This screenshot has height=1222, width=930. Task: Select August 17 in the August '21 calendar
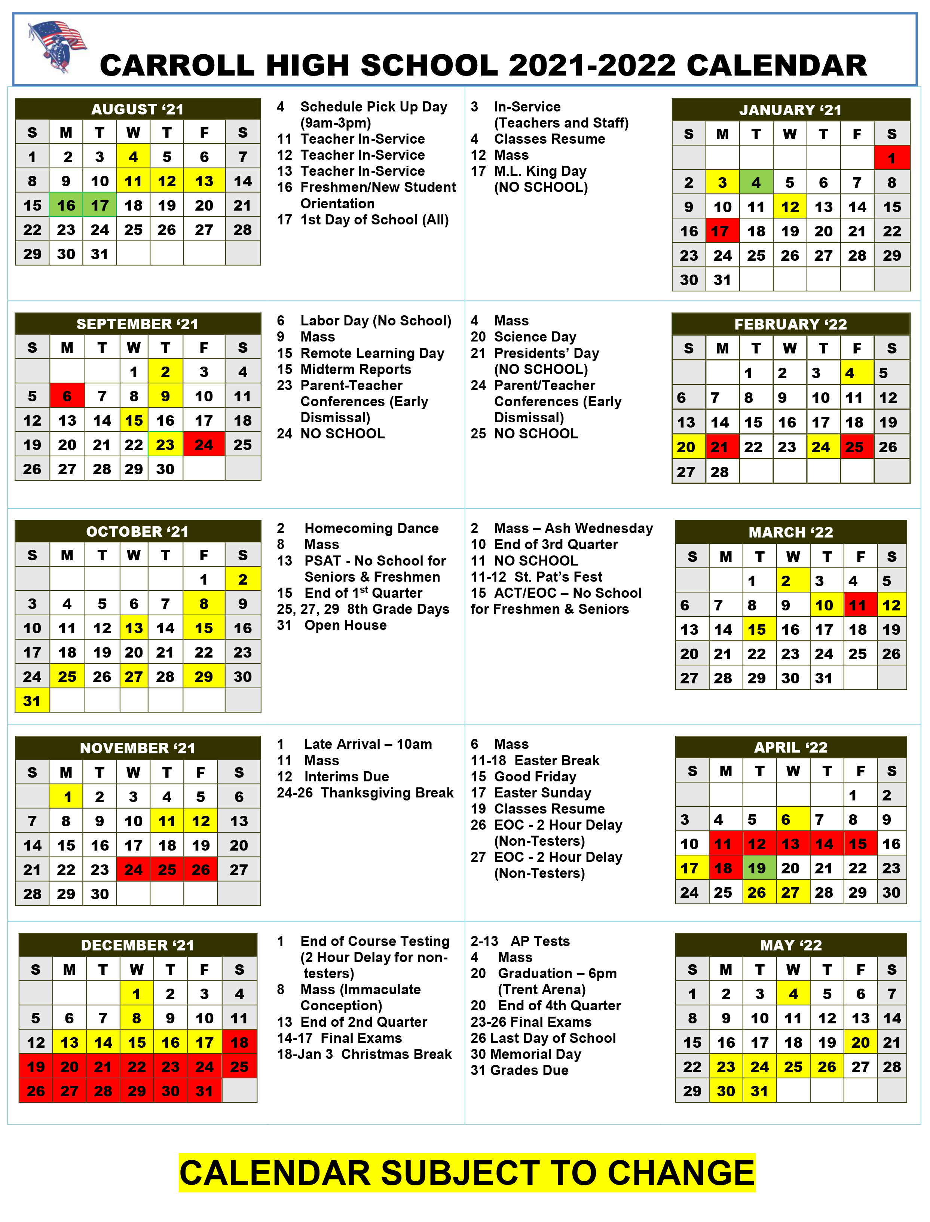(x=100, y=205)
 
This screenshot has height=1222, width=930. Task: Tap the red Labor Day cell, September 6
(x=67, y=396)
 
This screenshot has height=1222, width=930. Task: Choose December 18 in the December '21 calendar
(x=239, y=1043)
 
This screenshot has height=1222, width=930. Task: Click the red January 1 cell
(x=891, y=158)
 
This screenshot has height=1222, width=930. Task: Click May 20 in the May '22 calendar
(x=860, y=1043)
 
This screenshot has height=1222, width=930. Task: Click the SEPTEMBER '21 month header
(x=137, y=324)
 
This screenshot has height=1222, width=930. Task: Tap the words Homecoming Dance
(x=371, y=528)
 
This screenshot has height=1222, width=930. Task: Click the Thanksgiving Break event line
(x=365, y=793)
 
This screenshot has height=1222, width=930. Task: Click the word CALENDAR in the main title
(x=776, y=65)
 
